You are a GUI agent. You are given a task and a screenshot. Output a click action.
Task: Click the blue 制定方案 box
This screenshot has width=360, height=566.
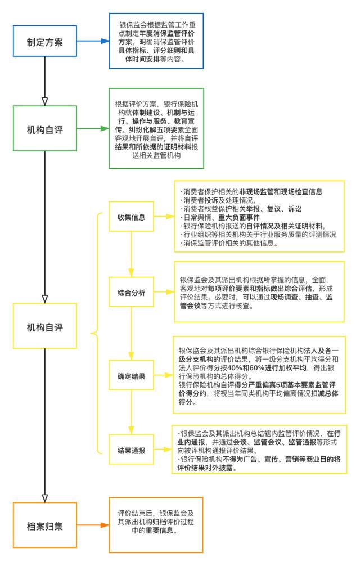click(44, 42)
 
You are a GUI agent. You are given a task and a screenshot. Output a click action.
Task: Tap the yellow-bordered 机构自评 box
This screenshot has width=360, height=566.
click(44, 327)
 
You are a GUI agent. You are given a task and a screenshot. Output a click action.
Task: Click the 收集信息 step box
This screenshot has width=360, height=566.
click(131, 217)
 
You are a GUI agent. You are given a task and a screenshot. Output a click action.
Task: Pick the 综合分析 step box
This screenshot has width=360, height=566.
click(131, 293)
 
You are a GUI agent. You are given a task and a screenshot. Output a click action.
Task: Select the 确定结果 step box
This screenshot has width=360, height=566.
click(131, 376)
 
